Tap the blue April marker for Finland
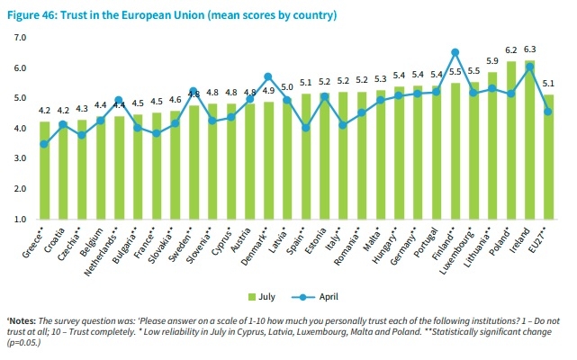(x=455, y=52)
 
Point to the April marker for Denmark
(x=267, y=76)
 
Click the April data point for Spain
(x=305, y=128)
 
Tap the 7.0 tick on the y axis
(x=22, y=38)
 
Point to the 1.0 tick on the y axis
(x=22, y=220)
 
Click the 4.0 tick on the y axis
(x=22, y=129)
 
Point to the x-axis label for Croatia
(x=52, y=240)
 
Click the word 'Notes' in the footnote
(x=22, y=321)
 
